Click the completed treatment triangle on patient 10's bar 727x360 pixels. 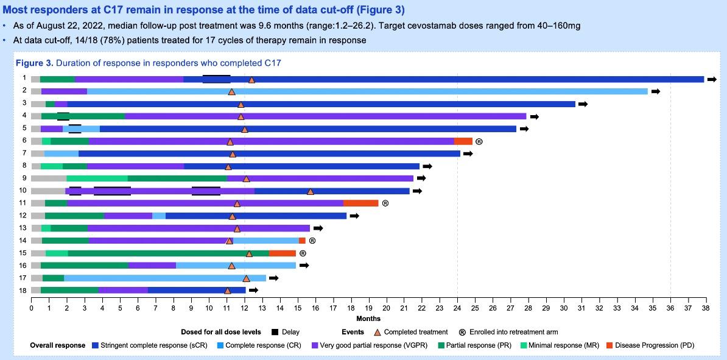click(311, 191)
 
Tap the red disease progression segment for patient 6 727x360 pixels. click(463, 141)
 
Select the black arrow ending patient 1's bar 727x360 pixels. click(712, 79)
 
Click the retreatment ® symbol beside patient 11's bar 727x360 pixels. click(385, 203)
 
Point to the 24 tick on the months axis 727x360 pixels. click(457, 308)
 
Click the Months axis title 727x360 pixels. click(368, 319)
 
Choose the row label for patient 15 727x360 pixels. click(24, 253)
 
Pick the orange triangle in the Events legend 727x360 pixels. click(377, 332)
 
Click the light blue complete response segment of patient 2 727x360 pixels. click(426, 91)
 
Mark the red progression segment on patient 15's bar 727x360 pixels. click(283, 253)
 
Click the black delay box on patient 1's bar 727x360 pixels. click(216, 79)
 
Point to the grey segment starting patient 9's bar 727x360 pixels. click(49, 178)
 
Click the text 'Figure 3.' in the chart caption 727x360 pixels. click(33, 63)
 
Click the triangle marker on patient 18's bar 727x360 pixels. click(228, 291)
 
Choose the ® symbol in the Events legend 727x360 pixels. click(462, 332)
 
